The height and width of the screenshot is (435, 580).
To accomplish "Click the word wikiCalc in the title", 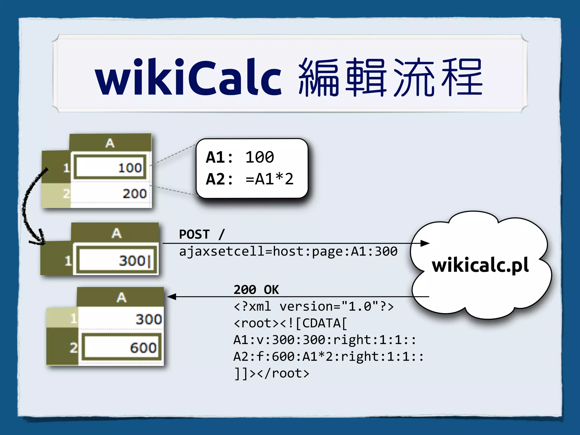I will click(x=188, y=77).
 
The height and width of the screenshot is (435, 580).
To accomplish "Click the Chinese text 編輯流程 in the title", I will click(x=390, y=77).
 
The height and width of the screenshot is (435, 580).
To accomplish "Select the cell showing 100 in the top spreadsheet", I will click(x=110, y=168).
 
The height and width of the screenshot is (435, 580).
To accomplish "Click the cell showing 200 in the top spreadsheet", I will click(x=110, y=194).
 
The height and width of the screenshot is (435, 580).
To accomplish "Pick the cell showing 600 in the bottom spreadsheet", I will click(x=122, y=347).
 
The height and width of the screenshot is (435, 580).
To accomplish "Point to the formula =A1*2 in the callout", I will click(x=269, y=179).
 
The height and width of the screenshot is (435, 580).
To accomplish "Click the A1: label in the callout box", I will click(x=219, y=157).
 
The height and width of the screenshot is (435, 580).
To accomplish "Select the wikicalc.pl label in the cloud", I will click(x=480, y=265).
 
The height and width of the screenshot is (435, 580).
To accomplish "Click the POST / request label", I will click(x=202, y=234).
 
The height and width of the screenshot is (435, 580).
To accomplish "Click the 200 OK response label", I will click(x=256, y=289).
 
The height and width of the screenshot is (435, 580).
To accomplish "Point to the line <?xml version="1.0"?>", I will click(x=314, y=306).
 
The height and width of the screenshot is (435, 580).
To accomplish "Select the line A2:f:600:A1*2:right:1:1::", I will click(x=328, y=357).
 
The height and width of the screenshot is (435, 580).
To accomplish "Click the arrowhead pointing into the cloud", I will click(x=425, y=243).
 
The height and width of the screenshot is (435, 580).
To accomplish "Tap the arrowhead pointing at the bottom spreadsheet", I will click(x=172, y=297).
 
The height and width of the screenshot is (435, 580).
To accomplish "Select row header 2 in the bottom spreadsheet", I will click(x=73, y=347).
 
